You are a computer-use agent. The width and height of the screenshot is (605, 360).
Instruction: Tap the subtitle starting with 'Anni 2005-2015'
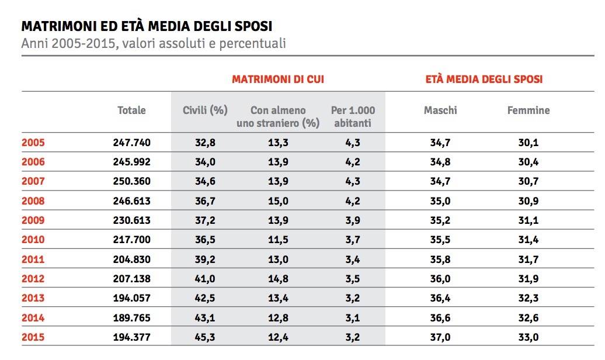pos(154,44)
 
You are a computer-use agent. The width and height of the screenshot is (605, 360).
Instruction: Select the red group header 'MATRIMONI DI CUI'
pos(278,79)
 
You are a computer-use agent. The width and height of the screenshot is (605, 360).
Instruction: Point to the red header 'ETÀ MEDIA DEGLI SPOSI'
pos(484,79)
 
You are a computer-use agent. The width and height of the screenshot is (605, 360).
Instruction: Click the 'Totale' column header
pos(131,110)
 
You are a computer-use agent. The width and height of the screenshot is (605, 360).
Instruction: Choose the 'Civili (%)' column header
pos(205,110)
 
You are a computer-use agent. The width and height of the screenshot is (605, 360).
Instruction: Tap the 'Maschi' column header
pos(440,110)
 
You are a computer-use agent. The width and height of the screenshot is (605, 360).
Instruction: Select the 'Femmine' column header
pos(528,110)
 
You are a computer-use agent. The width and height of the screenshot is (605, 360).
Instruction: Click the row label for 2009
pos(33,220)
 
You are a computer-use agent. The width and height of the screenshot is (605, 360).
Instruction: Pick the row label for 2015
pos(33,337)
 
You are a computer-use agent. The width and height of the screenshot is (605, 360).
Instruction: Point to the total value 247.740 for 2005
pos(131,142)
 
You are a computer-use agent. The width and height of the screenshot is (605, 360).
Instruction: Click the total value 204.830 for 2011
pos(131,259)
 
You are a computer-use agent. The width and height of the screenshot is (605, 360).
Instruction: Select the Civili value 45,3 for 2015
pos(205,337)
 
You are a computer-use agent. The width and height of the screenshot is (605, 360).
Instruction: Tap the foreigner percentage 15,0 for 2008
pos(278,200)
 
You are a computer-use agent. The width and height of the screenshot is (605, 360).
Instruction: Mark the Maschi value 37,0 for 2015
pos(440,337)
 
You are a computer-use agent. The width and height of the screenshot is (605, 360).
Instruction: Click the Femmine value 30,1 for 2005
pos(528,142)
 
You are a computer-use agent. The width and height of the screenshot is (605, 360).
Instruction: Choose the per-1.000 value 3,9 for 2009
pos(353,220)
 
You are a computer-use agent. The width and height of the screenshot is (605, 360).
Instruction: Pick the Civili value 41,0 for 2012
pos(205,279)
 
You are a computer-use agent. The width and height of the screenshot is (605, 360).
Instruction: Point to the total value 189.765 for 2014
pos(131,317)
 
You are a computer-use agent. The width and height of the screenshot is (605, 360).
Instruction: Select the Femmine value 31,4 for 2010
pos(528,240)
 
